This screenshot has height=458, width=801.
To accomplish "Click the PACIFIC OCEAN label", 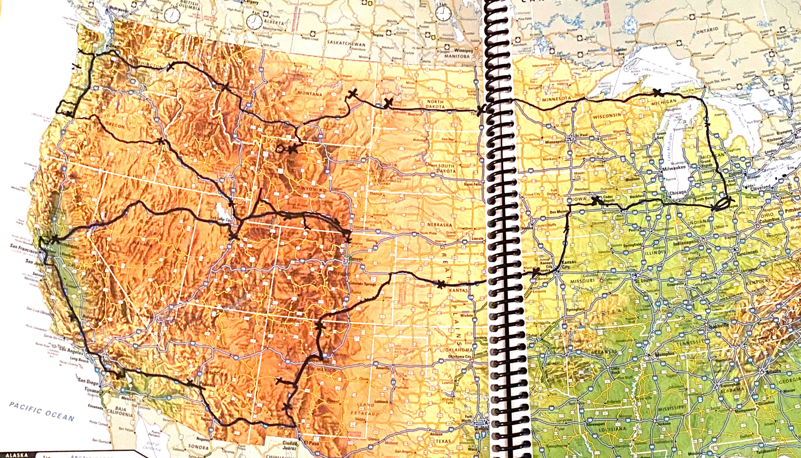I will [x=42, y=411].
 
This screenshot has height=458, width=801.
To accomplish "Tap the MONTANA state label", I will [x=310, y=94].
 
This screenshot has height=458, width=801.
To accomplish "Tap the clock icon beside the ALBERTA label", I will [x=254, y=22].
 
